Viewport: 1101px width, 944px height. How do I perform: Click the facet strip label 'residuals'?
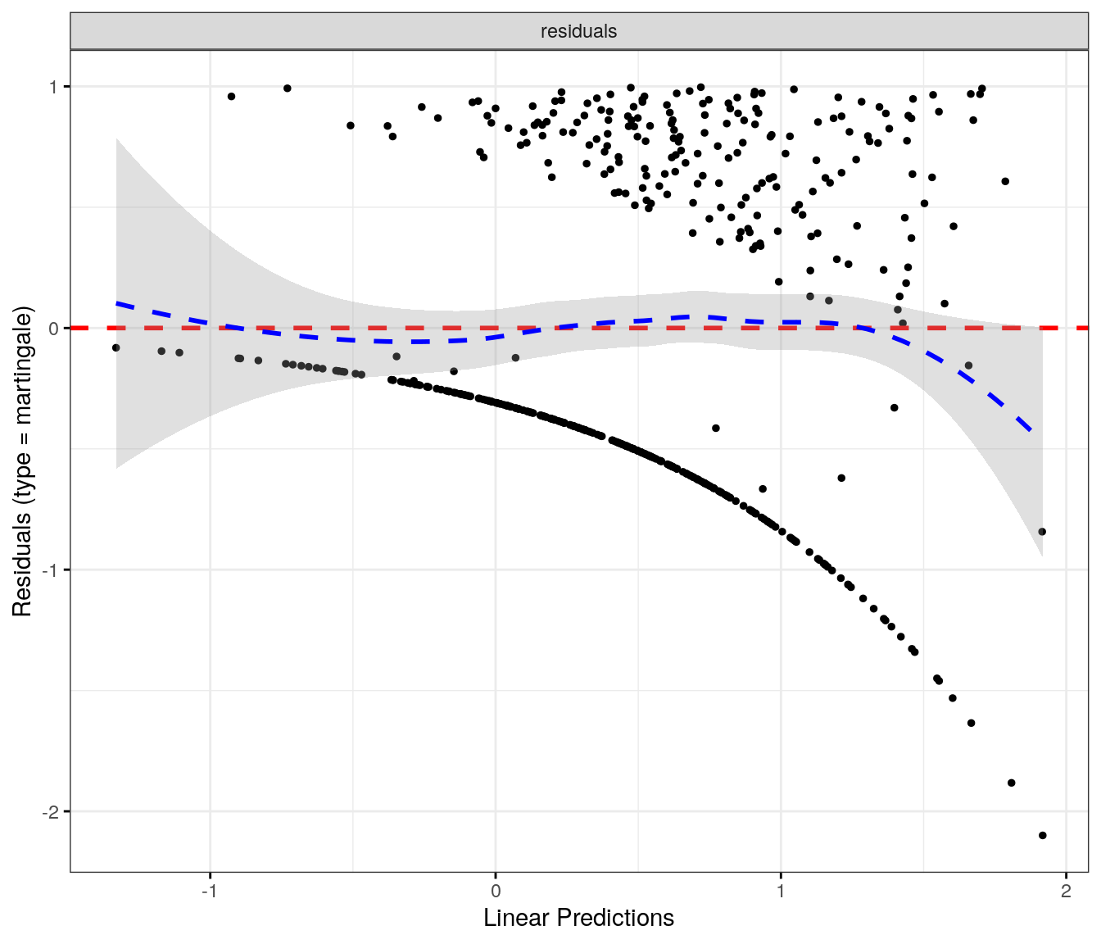pyautogui.click(x=578, y=31)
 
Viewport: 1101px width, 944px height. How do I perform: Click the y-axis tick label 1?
pyautogui.click(x=54, y=87)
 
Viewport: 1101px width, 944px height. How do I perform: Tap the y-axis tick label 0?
pyautogui.click(x=54, y=329)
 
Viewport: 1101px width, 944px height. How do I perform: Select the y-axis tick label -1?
pyautogui.click(x=51, y=570)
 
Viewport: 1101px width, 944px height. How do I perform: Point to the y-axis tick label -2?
pyautogui.click(x=51, y=812)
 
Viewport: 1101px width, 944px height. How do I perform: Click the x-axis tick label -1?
pyautogui.click(x=210, y=892)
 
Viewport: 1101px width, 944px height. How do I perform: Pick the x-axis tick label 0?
pyautogui.click(x=495, y=892)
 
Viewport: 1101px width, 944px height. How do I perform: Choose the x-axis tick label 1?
pyautogui.click(x=781, y=892)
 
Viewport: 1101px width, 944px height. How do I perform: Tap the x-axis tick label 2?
pyautogui.click(x=1066, y=892)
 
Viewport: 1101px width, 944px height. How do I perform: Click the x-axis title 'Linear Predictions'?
pyautogui.click(x=578, y=918)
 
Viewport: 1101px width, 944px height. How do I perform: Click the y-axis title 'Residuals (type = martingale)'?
pyautogui.click(x=22, y=461)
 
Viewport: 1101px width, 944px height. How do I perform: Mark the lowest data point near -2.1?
pyautogui.click(x=1042, y=835)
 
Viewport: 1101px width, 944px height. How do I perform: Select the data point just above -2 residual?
pyautogui.click(x=1011, y=783)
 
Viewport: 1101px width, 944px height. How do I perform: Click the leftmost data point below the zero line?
pyautogui.click(x=116, y=347)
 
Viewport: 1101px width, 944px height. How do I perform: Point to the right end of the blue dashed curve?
pyautogui.click(x=1031, y=430)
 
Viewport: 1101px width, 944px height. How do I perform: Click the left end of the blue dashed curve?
pyautogui.click(x=117, y=303)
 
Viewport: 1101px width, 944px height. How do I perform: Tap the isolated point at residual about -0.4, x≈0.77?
pyautogui.click(x=715, y=428)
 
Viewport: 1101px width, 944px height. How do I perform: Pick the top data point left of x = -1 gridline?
pyautogui.click(x=231, y=96)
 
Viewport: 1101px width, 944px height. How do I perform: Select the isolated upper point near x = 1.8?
pyautogui.click(x=1005, y=181)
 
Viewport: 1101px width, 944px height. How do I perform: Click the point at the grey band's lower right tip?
pyautogui.click(x=1041, y=532)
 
